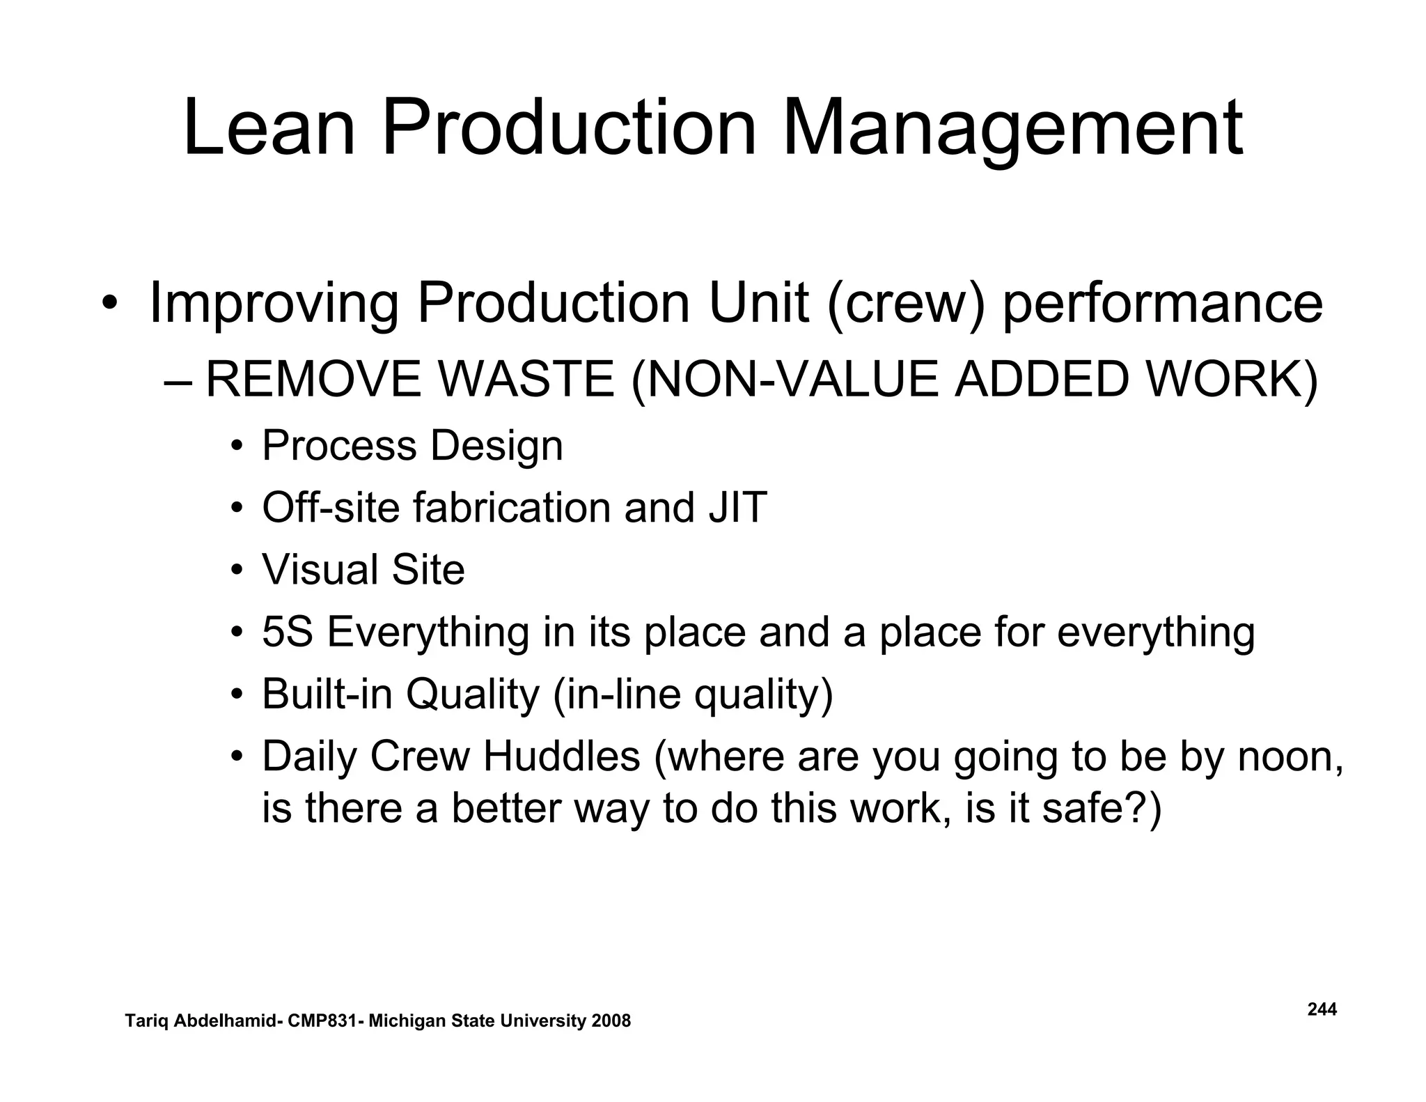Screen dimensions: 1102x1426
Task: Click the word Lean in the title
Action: click(269, 129)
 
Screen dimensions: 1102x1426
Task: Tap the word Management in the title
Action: click(1012, 129)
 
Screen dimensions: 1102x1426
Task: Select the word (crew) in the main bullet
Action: click(906, 303)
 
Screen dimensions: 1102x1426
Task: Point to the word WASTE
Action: click(526, 380)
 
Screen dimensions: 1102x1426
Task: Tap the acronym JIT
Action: click(737, 507)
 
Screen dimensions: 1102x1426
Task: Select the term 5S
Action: click(287, 632)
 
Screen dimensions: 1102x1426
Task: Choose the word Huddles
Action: click(561, 756)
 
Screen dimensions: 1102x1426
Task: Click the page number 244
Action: click(1322, 1009)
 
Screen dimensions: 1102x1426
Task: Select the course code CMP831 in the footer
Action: click(323, 1021)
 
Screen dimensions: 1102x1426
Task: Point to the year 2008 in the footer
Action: click(610, 1021)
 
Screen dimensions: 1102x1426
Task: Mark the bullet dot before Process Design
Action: click(237, 446)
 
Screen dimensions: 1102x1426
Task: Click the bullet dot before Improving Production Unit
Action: click(109, 304)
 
